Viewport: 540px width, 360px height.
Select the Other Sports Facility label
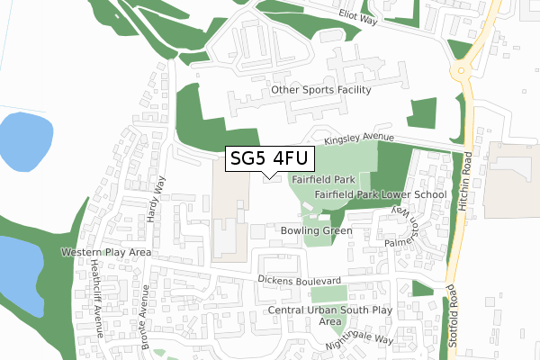pos(320,91)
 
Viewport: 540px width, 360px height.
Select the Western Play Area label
pos(105,253)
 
